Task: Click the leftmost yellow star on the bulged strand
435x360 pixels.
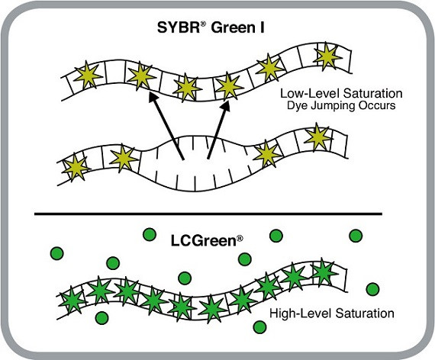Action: point(75,167)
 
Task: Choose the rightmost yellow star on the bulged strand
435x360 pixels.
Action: point(317,137)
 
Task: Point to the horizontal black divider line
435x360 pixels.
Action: point(217,214)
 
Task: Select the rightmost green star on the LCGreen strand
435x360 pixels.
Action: point(323,271)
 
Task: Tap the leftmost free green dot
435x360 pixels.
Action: point(56,252)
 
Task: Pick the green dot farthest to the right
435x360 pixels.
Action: point(372,288)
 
